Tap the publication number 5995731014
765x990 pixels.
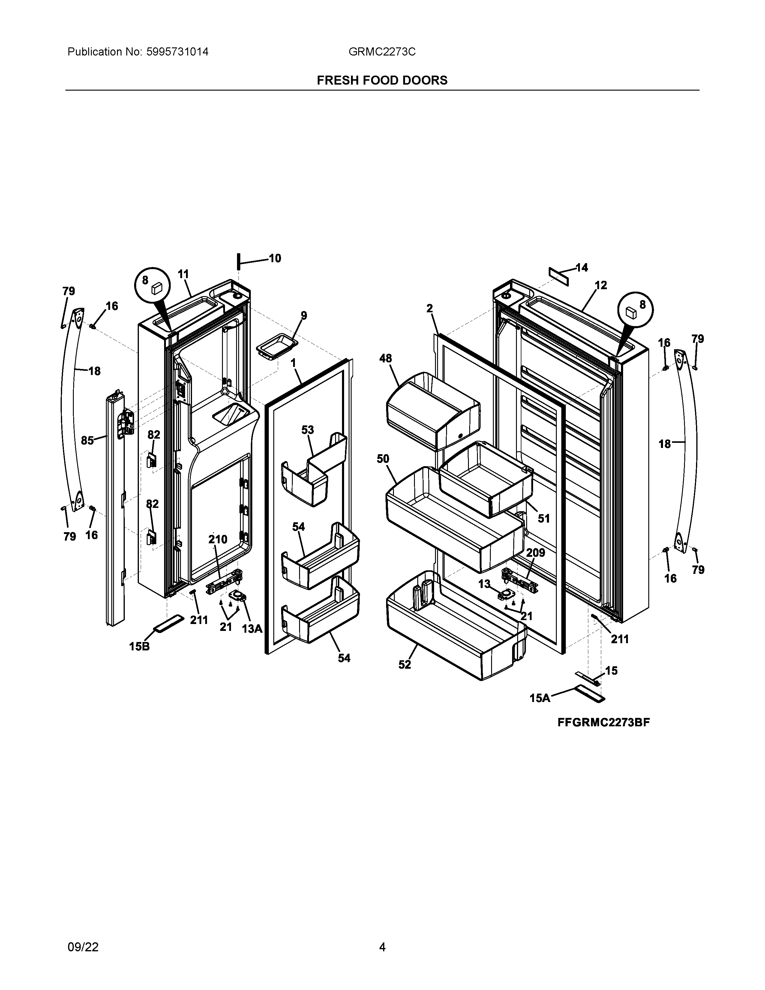pyautogui.click(x=177, y=52)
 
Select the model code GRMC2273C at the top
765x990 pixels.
pyautogui.click(x=382, y=52)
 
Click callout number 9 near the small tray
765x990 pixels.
pyautogui.click(x=304, y=316)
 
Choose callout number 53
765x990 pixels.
pyautogui.click(x=308, y=430)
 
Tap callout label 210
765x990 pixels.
pyautogui.click(x=217, y=539)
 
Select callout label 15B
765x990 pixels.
pyautogui.click(x=139, y=646)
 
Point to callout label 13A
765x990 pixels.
pyautogui.click(x=252, y=629)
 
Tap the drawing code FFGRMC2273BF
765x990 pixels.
pyautogui.click(x=603, y=722)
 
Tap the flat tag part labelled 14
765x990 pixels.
pyautogui.click(x=558, y=276)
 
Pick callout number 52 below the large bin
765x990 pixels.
pyautogui.click(x=404, y=664)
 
